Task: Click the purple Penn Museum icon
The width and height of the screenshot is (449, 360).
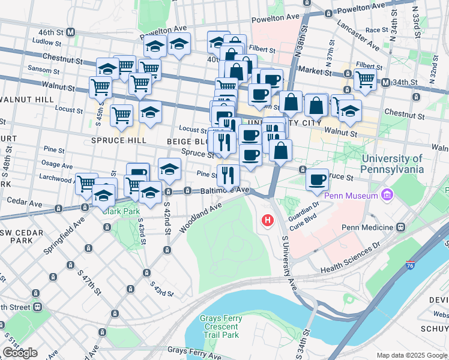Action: tap(387, 196)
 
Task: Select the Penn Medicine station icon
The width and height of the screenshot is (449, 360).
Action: tap(400, 227)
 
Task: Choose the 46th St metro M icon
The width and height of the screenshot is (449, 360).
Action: tap(71, 31)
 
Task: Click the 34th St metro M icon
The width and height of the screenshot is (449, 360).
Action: tap(386, 82)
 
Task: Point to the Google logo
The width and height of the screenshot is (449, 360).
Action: tap(20, 353)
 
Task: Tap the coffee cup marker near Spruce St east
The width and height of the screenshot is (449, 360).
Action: tap(317, 179)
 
